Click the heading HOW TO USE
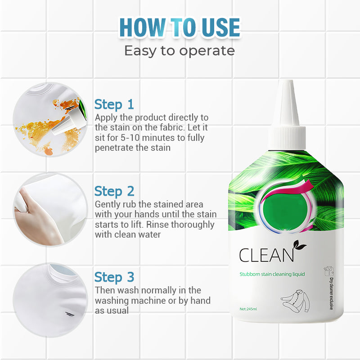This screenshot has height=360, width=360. [180, 27]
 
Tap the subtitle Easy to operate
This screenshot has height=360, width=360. [180, 50]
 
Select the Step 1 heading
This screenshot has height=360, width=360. [114, 105]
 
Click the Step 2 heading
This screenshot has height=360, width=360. [114, 191]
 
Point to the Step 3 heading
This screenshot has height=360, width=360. [114, 277]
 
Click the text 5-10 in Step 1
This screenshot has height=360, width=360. [130, 138]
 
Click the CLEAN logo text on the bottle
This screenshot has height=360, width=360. [266, 255]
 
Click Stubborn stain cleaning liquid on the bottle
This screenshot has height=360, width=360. [272, 274]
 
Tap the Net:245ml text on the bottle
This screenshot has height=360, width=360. [248, 309]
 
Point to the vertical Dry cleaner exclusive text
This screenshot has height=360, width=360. [331, 293]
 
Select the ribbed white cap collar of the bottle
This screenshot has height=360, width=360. [287, 138]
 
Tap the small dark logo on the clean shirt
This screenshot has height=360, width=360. [70, 314]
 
